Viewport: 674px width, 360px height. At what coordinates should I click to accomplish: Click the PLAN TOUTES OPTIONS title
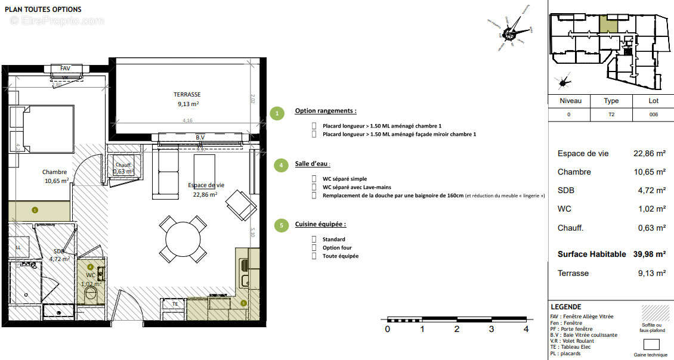pos(44,10)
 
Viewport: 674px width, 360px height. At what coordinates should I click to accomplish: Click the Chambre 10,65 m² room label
pos(55,176)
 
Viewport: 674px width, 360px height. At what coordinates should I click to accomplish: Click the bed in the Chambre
pos(42,128)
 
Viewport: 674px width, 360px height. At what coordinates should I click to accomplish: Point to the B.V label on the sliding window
pos(200,138)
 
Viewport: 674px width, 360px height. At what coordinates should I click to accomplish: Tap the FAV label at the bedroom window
pos(65,69)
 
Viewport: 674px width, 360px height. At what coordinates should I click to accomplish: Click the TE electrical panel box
pos(175,304)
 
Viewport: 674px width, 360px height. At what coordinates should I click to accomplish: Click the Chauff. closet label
pos(123,166)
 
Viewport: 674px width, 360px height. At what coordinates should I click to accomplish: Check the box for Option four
pos(314,248)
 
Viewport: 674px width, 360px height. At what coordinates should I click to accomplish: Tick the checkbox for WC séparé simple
pos(314,179)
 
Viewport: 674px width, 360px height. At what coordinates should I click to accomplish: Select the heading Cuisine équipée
pos(320,224)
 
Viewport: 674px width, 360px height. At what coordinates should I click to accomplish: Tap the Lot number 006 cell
pos(653,114)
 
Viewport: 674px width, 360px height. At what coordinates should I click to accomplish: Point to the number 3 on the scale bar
pos(491,328)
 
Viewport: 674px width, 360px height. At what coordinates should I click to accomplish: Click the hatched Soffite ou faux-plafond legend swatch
pos(652,314)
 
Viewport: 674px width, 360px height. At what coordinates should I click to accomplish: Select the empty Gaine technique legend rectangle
pos(652,344)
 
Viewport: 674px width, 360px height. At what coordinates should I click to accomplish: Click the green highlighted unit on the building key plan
pos(608,25)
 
